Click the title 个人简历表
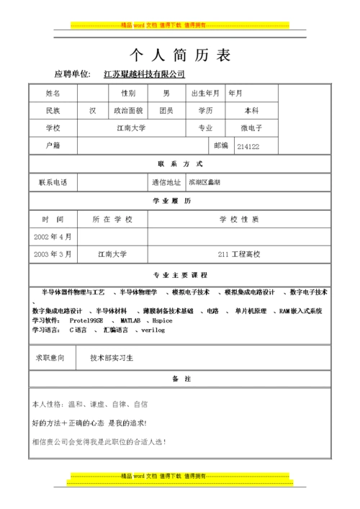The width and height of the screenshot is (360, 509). (x=180, y=55)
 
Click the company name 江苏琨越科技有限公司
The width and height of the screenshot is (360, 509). (x=144, y=74)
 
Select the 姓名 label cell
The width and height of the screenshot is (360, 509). (x=53, y=93)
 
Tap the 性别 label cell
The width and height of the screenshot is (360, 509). (x=127, y=93)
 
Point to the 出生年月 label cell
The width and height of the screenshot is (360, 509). (x=205, y=93)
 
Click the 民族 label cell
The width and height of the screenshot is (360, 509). (x=53, y=111)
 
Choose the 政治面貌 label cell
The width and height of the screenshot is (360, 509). (x=127, y=111)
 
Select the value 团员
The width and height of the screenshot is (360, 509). (x=166, y=111)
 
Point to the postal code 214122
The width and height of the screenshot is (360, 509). (x=248, y=146)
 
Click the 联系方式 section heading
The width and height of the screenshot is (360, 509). (x=180, y=164)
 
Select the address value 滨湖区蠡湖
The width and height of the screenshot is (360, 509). (x=204, y=182)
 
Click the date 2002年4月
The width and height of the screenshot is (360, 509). (x=53, y=236)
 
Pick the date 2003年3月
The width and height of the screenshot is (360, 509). (x=53, y=254)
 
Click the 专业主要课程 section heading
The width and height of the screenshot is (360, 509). (x=180, y=275)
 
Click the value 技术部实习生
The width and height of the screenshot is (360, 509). (x=112, y=357)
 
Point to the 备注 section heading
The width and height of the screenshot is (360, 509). (x=180, y=378)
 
